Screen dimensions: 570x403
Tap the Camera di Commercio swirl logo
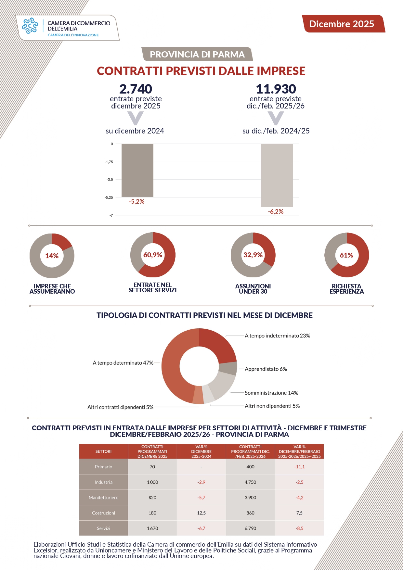coord(30,26)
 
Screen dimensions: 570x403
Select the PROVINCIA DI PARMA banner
coord(197,54)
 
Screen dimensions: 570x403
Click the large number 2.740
coord(136,89)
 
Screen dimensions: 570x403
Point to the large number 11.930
coord(276,89)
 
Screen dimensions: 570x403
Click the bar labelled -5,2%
coord(137,170)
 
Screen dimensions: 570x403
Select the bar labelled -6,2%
coord(277,175)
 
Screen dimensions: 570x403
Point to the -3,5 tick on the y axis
coord(110,180)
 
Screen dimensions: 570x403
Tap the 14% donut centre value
coord(52,256)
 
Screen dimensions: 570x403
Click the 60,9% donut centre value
coord(153,255)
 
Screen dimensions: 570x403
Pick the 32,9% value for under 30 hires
coord(253,255)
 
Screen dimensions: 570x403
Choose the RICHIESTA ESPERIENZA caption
coord(346,289)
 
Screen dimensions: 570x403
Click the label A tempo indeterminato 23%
coord(277,336)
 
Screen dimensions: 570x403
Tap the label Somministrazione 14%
coord(271,393)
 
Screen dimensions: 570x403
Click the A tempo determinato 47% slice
coord(172,367)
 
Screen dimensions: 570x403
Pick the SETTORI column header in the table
coord(103,451)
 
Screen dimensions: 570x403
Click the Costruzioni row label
coord(103,513)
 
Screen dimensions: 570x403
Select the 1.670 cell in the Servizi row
coord(152,528)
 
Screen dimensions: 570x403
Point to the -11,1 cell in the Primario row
coord(299,467)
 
